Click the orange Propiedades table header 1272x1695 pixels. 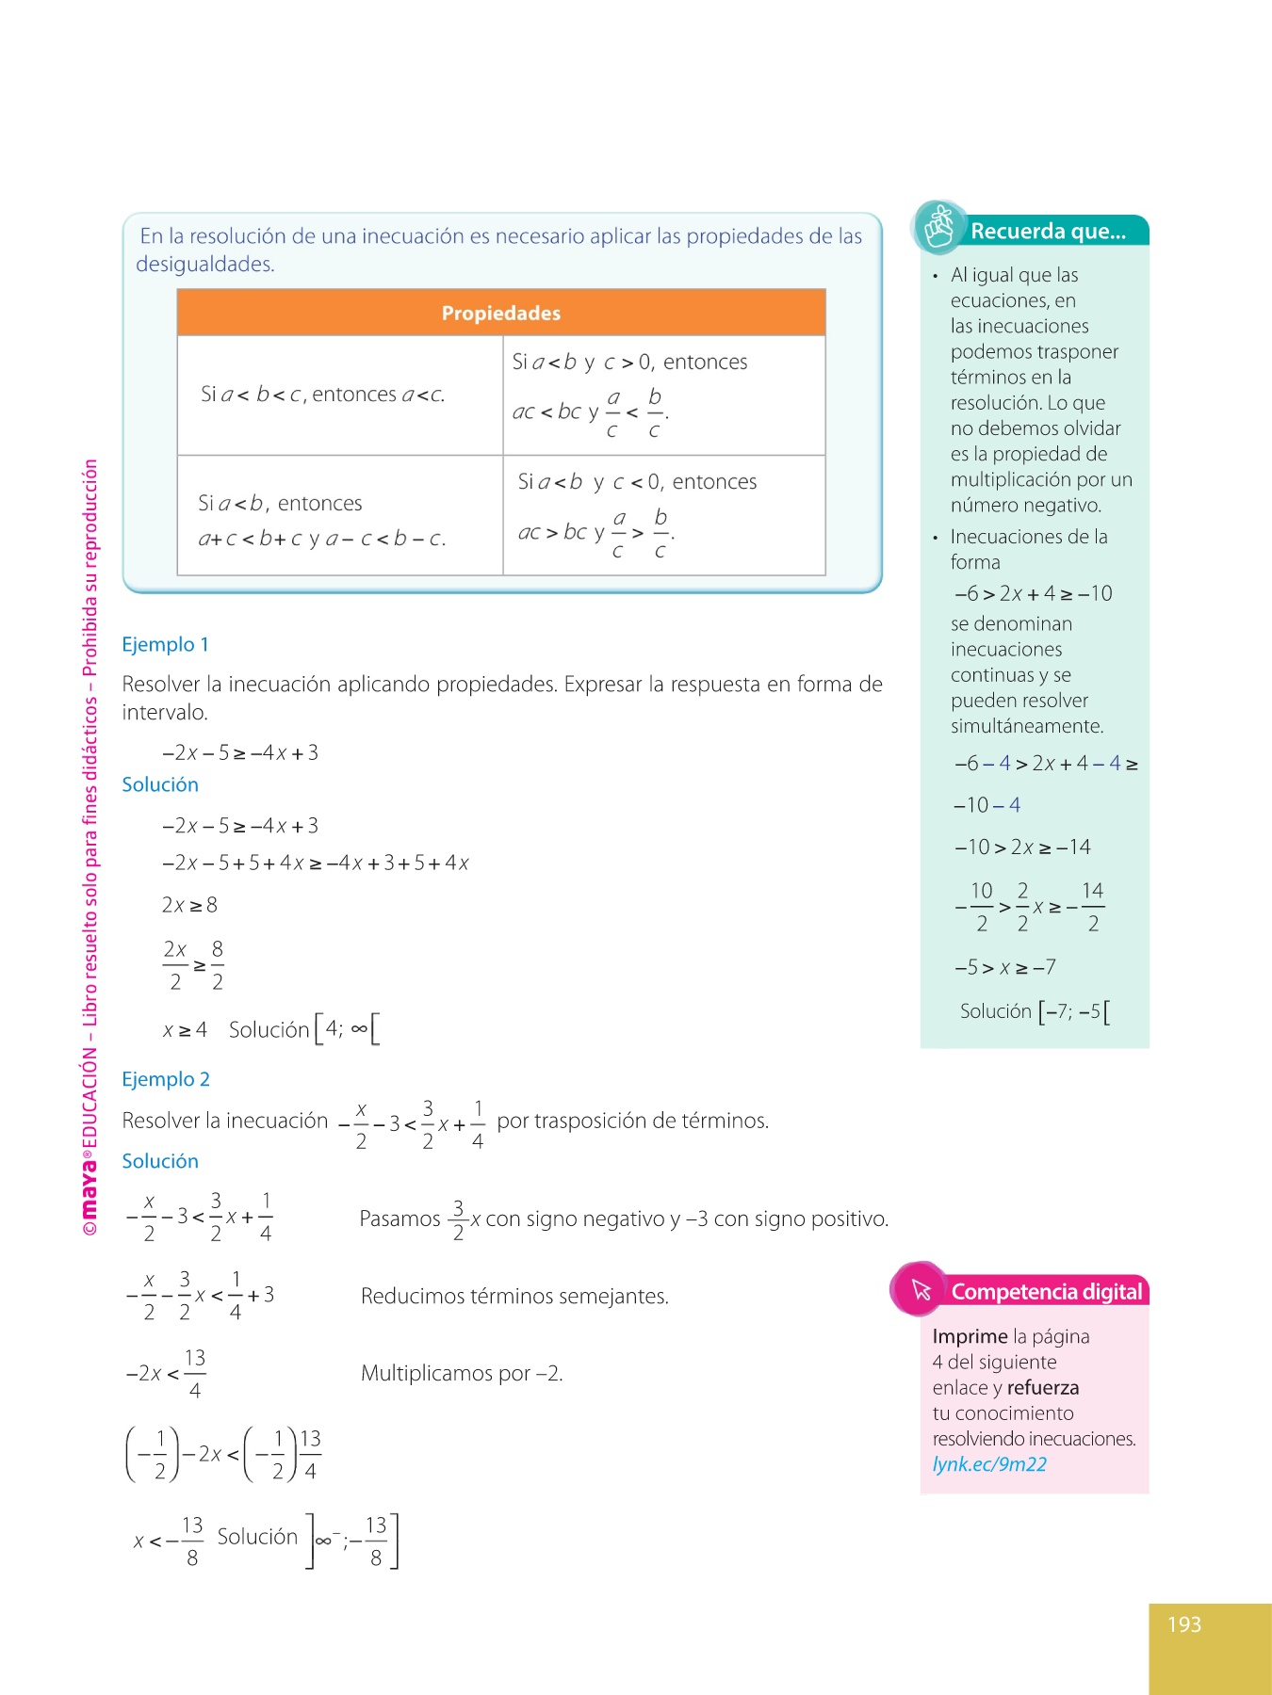pyautogui.click(x=500, y=313)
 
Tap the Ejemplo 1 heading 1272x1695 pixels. pyautogui.click(x=165, y=644)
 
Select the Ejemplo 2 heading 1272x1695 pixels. pyautogui.click(x=166, y=1079)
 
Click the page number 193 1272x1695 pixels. pyautogui.click(x=1184, y=1624)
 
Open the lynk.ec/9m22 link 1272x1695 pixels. pyautogui.click(x=989, y=1464)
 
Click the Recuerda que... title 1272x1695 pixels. pyautogui.click(x=1048, y=232)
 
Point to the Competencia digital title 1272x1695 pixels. pyautogui.click(x=1046, y=1292)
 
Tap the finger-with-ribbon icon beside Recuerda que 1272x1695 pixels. pyautogui.click(x=938, y=228)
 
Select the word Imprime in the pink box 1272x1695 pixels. pyautogui.click(x=970, y=1336)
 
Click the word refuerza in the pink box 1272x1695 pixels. pyautogui.click(x=1042, y=1387)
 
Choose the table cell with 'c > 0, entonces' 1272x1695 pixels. pyautogui.click(x=663, y=395)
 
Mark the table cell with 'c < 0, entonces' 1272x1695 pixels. pyautogui.click(x=663, y=515)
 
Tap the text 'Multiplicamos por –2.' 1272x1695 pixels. pyautogui.click(x=462, y=1373)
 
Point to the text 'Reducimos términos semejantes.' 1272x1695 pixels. pyautogui.click(x=514, y=1297)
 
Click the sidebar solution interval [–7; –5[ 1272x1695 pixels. pyautogui.click(x=1074, y=1012)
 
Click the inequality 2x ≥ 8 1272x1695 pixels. pyautogui.click(x=189, y=905)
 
